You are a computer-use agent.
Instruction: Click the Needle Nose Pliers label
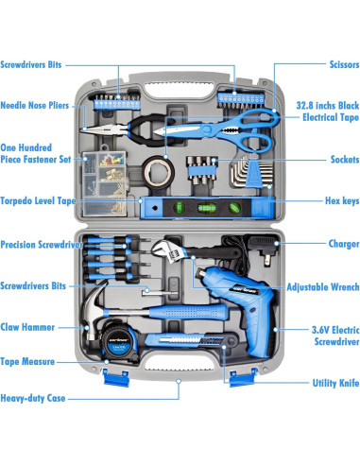point(35,105)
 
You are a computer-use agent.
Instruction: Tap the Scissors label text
point(344,64)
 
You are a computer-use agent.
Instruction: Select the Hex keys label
point(342,200)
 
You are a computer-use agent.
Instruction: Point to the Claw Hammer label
point(27,327)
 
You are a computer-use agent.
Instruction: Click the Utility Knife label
point(335,383)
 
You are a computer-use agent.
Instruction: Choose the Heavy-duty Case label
point(33,398)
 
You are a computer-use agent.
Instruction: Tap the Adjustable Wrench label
point(323,287)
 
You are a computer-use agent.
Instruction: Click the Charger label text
point(344,244)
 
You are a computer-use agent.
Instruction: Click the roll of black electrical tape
point(158,172)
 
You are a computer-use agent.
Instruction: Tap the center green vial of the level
point(207,208)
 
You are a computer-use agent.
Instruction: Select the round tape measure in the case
point(120,340)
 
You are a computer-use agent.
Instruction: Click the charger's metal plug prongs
point(267,260)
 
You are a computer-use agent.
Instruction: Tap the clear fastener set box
point(105,184)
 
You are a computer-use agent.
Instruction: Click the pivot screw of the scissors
point(207,129)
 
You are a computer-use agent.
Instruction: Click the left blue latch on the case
point(116,378)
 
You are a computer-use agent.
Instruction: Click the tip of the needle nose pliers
point(82,129)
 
